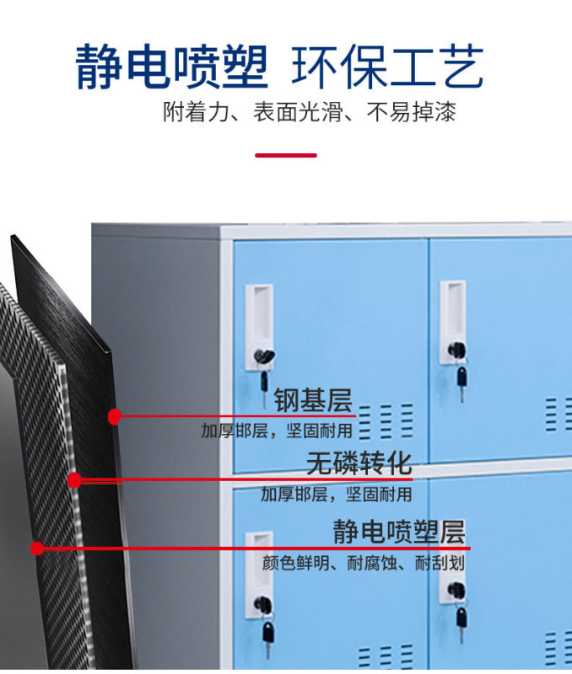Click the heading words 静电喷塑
click(171, 67)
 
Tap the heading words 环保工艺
click(387, 67)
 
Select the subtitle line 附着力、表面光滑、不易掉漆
click(309, 113)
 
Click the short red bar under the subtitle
click(285, 155)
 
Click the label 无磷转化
click(359, 463)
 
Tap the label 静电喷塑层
click(398, 532)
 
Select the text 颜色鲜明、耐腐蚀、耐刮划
click(363, 564)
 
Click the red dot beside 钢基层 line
click(116, 415)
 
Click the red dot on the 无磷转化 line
click(74, 481)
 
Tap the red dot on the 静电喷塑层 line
click(37, 548)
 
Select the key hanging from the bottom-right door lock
click(461, 623)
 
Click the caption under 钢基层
click(277, 431)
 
